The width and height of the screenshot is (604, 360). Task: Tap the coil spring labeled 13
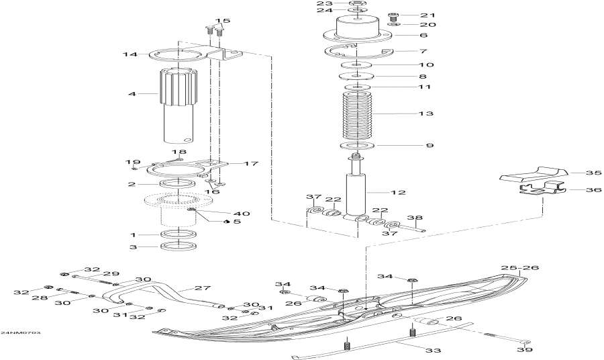356,115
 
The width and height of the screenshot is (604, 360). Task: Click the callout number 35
593,173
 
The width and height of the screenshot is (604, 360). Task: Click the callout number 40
222,214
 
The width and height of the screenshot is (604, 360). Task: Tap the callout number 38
415,218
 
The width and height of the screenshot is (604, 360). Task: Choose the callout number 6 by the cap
423,35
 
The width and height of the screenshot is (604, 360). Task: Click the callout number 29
111,273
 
